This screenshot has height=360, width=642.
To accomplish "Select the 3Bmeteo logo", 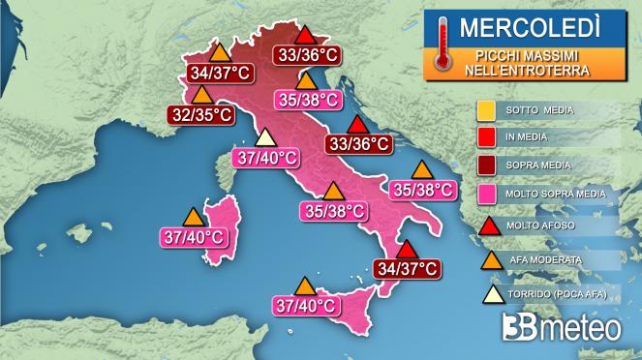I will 562,327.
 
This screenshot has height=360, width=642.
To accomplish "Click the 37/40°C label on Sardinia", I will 191,235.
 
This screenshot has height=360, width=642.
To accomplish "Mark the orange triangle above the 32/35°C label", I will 202,96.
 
